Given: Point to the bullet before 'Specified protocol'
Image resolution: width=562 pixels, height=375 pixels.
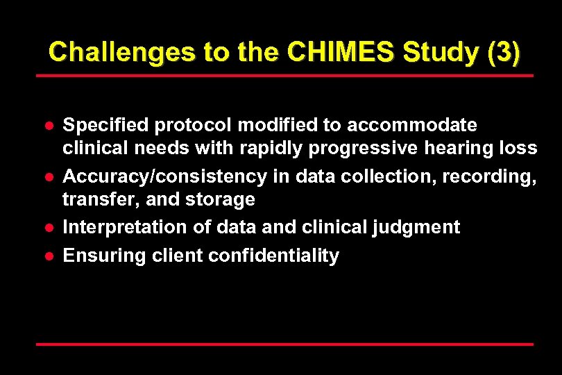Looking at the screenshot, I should point(50,126).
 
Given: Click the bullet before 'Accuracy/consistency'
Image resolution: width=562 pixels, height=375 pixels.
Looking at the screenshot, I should point(50,177).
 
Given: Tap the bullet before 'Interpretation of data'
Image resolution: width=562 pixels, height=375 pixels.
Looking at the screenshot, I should point(50,228).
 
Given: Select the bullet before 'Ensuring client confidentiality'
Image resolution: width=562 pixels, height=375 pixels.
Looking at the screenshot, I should point(50,256).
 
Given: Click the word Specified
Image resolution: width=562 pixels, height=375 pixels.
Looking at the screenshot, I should point(106,125).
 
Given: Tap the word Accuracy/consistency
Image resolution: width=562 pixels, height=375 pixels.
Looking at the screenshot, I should point(164,176).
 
